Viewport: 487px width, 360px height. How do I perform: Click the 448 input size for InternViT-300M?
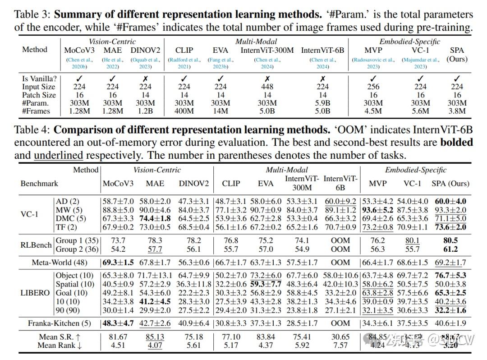click(x=267, y=87)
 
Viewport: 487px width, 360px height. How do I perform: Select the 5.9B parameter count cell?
click(x=322, y=103)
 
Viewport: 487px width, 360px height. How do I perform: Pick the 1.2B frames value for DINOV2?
click(x=145, y=111)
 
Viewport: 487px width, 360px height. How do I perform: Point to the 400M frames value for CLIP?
click(x=184, y=111)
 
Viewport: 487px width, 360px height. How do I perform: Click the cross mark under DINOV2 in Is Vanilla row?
click(x=145, y=78)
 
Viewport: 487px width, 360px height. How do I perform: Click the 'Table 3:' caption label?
click(x=32, y=14)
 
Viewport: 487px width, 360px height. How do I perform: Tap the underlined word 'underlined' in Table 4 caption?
click(x=58, y=156)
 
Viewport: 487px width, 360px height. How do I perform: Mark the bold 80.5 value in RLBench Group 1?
click(x=450, y=240)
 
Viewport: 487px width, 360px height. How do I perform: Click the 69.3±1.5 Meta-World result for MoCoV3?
click(x=119, y=262)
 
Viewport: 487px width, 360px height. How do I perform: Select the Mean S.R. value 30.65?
click(x=340, y=337)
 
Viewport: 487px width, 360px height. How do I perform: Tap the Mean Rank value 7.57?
click(x=340, y=345)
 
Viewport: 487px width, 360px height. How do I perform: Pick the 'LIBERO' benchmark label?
click(x=35, y=292)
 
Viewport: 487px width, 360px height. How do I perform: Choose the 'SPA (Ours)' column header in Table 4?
click(x=450, y=184)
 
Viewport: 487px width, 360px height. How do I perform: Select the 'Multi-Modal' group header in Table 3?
click(x=256, y=42)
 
